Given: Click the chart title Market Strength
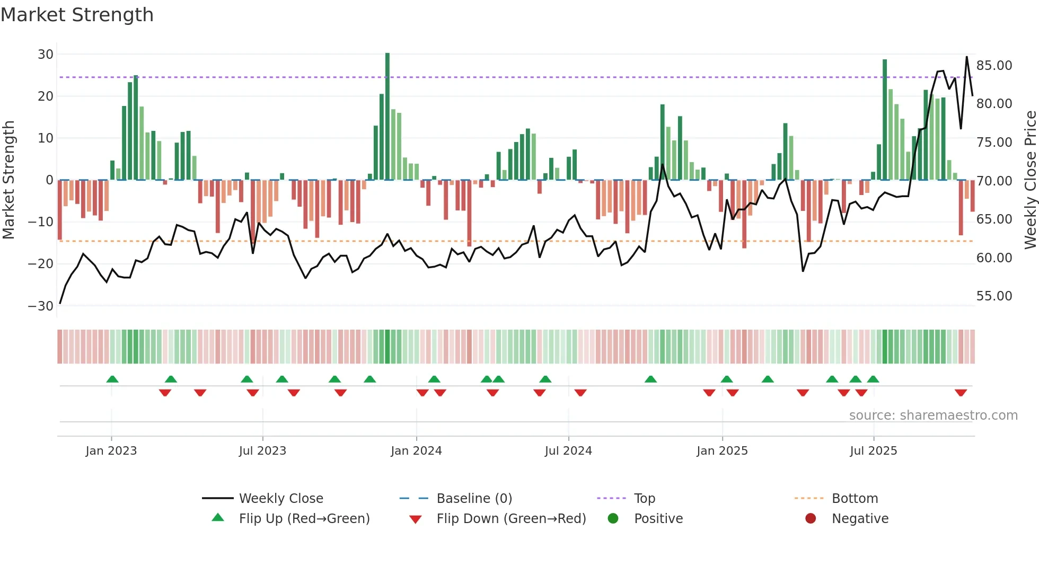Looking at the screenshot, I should (77, 15).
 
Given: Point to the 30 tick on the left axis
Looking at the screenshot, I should (46, 54).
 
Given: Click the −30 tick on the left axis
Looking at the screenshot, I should (41, 306).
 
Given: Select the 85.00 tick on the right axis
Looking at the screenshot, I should (994, 66).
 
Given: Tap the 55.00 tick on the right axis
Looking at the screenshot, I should (994, 296).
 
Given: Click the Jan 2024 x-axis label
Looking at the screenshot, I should (416, 450).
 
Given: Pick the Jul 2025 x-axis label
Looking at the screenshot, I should (873, 450).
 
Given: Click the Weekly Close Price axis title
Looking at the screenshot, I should (1030, 180).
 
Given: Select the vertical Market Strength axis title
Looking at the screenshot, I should (9, 180).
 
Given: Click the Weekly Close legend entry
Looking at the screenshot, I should (280, 498).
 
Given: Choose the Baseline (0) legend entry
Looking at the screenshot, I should (474, 498).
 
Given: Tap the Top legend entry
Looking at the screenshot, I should (644, 498).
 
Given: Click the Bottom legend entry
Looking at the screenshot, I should (855, 498).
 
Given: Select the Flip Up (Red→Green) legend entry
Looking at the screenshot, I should (304, 518).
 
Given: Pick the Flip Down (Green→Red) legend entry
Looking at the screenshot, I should (511, 518).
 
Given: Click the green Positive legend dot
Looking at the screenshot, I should (613, 518).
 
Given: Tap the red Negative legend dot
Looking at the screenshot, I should (811, 518).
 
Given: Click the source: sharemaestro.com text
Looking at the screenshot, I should (933, 415).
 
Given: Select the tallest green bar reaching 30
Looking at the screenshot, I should (388, 117).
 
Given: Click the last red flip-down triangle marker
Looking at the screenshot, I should (961, 393).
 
